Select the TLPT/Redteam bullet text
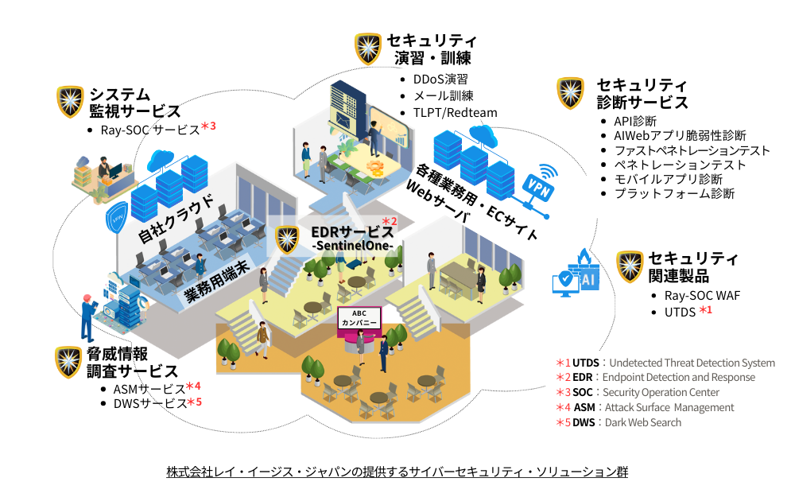click(456, 112)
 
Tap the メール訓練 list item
click(444, 95)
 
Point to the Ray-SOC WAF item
click(702, 295)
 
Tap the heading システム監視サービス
click(134, 103)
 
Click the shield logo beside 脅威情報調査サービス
click(70, 363)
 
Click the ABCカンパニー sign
click(360, 317)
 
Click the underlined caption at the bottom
click(397, 472)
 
